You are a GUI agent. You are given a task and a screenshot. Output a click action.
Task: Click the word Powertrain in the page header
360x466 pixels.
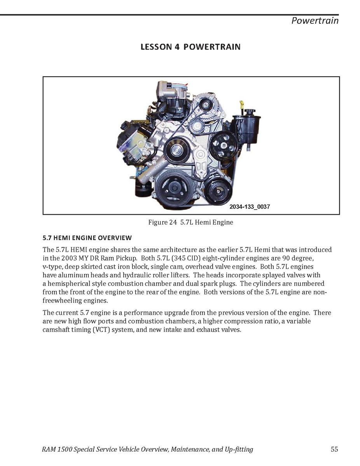tap(315, 21)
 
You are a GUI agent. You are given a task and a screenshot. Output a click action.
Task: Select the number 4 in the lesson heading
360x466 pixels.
tap(177, 47)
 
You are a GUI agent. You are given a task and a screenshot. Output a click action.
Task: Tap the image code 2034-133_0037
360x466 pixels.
tap(250, 207)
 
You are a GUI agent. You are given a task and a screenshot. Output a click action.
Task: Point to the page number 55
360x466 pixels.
tap(334, 449)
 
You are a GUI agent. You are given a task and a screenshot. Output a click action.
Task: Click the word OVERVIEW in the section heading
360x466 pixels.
tap(115, 238)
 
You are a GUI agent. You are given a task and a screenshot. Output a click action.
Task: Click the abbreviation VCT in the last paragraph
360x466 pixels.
tap(101, 329)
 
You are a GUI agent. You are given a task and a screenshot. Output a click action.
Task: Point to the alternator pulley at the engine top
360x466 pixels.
tap(203, 104)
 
